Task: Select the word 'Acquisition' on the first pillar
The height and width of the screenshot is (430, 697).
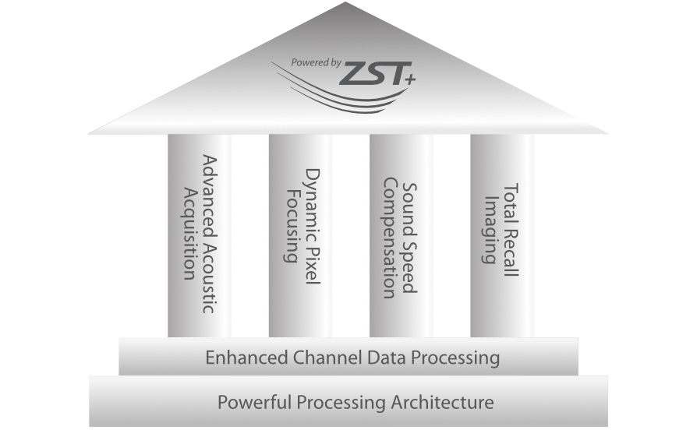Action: coord(189,232)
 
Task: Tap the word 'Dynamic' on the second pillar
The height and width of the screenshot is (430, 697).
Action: coord(312,194)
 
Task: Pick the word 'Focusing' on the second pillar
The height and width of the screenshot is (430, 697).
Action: coord(292,224)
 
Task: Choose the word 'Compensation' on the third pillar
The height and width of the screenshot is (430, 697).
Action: coord(391,238)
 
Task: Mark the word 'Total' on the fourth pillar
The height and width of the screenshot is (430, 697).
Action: coord(511,200)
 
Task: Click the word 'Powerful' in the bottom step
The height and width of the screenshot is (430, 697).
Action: coord(249,403)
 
